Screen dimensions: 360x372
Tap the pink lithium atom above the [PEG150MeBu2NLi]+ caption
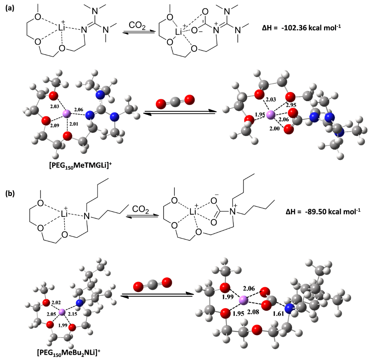tap(62, 312)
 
